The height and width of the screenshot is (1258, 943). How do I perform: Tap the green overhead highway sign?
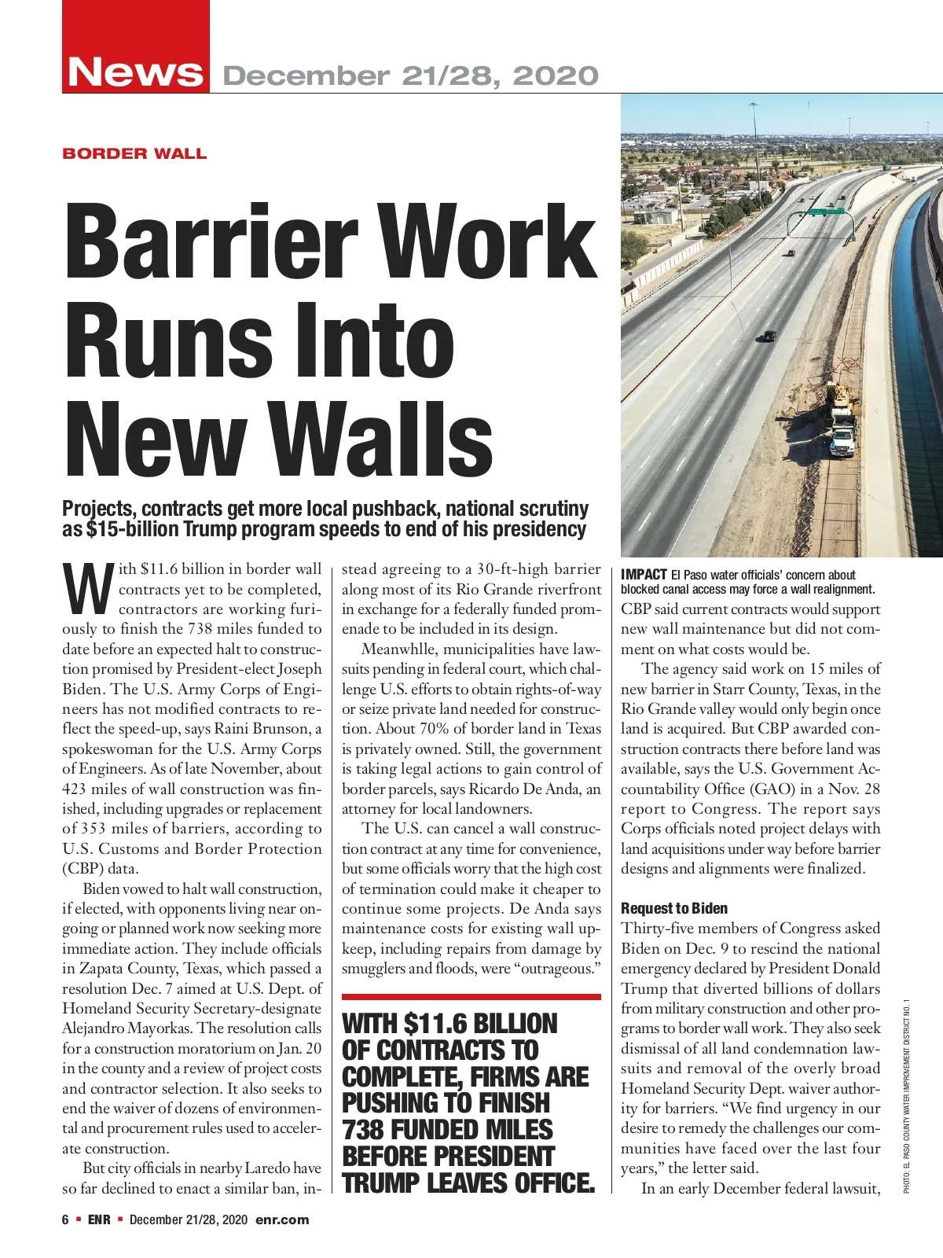826,212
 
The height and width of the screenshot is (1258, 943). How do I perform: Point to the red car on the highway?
791,253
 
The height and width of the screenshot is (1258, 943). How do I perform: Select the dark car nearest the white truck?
766,337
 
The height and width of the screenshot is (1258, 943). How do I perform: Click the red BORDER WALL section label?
134,153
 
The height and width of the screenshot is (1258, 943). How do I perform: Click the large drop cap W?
87,589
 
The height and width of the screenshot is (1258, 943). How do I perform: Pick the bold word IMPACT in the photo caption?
644,575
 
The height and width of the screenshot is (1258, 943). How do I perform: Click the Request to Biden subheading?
674,908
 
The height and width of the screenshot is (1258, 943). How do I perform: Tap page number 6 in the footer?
66,1219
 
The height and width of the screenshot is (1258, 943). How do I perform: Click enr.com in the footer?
282,1219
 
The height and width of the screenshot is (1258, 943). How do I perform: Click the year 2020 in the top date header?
556,76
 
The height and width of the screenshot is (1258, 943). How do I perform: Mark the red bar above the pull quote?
471,996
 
